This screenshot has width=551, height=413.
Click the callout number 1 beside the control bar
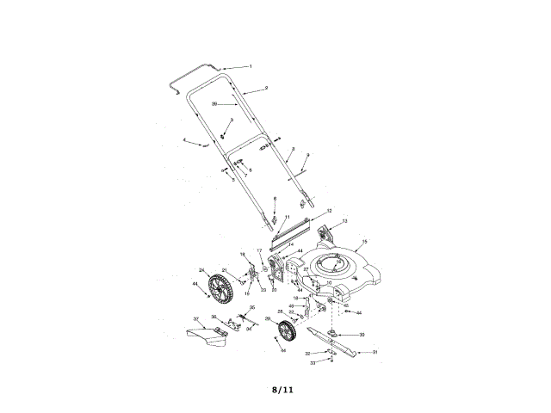pos(251,66)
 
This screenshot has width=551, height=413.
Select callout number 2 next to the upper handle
pos(266,88)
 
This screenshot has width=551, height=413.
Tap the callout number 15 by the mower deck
pos(365,243)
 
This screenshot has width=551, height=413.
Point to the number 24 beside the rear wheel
pos(201,269)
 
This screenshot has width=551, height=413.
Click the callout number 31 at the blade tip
pos(375,352)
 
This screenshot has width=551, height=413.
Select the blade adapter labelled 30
pos(333,334)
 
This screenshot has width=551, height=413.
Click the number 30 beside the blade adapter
pos(362,335)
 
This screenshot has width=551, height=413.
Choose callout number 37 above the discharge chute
pos(195,319)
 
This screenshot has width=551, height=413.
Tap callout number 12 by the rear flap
pos(329,210)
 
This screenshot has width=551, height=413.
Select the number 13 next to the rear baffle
pos(345,221)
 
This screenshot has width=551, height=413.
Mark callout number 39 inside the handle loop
pos(214,103)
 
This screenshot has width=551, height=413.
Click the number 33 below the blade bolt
pos(313,363)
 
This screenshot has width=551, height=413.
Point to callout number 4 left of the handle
pos(184,139)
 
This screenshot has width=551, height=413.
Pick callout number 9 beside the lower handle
pos(307,155)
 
